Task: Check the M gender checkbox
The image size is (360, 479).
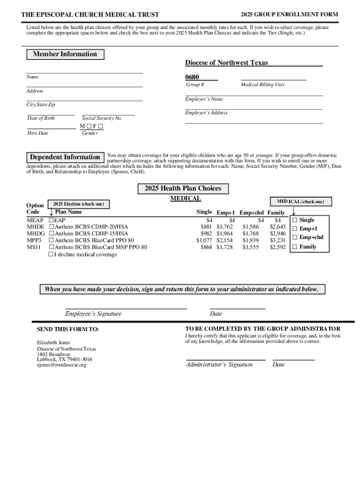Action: click(x=87, y=126)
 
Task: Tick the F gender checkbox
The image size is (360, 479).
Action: click(x=101, y=126)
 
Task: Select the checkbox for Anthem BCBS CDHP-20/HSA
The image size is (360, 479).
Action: click(x=51, y=227)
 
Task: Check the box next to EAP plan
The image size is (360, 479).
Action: click(x=51, y=220)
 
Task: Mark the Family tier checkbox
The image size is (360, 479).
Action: click(x=295, y=247)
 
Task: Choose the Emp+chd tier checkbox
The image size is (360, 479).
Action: click(x=295, y=238)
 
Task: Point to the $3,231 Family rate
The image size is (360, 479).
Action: click(x=277, y=240)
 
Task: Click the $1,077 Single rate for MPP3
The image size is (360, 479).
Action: click(x=204, y=240)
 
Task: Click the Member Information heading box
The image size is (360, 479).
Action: click(x=65, y=54)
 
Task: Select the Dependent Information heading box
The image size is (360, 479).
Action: click(x=65, y=157)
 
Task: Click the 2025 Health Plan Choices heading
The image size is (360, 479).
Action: click(x=183, y=189)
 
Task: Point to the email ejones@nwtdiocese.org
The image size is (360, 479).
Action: click(x=62, y=365)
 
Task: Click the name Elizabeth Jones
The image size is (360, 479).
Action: click(x=53, y=343)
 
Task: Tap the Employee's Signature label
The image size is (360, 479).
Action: click(x=93, y=314)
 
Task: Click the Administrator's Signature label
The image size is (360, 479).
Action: click(x=219, y=365)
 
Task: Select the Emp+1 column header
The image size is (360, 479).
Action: click(x=226, y=213)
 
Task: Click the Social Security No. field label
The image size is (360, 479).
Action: click(x=102, y=118)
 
